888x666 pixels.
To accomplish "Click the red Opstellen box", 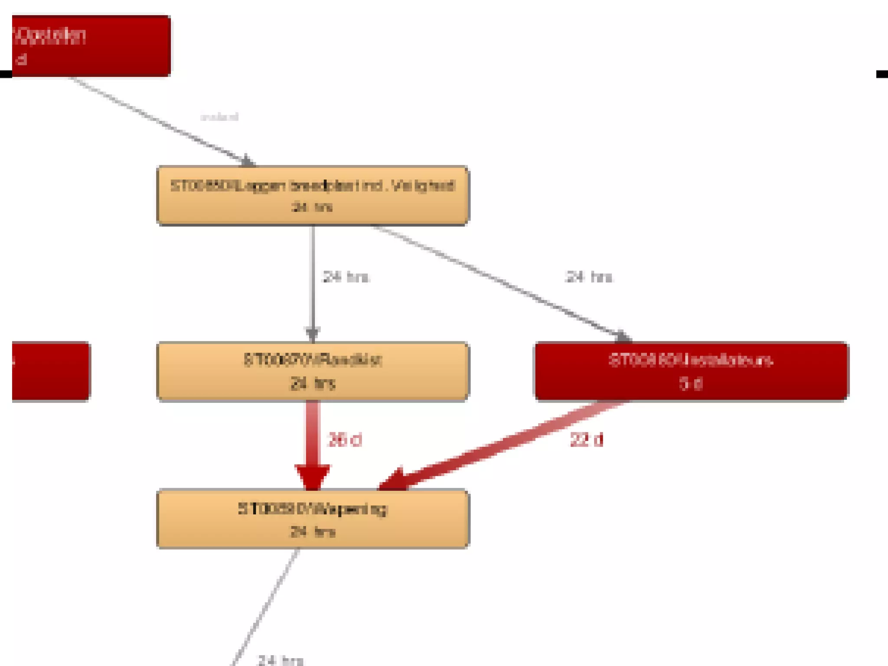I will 91,46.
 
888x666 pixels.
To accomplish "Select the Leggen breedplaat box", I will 312,195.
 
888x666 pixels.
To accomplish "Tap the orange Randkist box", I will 312,371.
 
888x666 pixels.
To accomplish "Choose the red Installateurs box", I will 691,371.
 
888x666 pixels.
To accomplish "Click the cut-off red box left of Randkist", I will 50,371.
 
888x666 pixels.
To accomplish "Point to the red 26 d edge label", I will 345,440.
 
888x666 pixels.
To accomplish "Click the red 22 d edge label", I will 586,440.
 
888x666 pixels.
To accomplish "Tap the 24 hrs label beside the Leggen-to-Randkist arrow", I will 346,277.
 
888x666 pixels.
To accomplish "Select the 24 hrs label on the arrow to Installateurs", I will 589,277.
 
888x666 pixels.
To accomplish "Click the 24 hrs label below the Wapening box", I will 280,660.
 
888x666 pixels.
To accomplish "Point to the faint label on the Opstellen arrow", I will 219,117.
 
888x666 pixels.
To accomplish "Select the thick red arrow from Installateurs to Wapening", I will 499,447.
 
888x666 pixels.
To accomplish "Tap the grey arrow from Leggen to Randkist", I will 313,282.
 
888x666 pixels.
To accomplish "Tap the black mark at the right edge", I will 882,74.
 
